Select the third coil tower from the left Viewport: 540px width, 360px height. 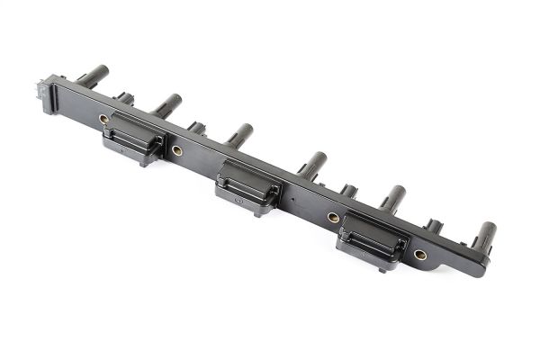(x=240, y=135)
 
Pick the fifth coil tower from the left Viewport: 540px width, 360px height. (x=392, y=197)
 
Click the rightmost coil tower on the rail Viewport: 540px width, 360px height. (x=483, y=236)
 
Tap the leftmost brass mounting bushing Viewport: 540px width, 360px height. (x=103, y=119)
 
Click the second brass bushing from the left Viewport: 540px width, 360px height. (x=176, y=150)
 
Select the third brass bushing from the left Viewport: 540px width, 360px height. (x=333, y=218)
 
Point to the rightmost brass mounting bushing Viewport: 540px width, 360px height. (x=420, y=255)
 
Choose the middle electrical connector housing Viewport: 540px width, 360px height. (x=245, y=187)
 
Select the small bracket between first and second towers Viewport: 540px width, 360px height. (x=125, y=97)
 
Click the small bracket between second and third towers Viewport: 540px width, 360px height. (x=196, y=128)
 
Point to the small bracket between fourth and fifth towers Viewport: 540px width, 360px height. (x=347, y=192)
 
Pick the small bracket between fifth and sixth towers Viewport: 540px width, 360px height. (x=433, y=227)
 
